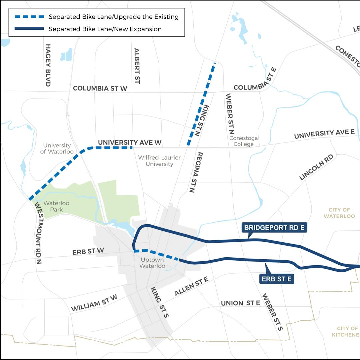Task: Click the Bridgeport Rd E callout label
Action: [274, 228]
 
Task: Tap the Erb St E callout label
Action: [277, 279]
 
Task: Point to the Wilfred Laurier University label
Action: [159, 161]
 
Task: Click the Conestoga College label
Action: [243, 141]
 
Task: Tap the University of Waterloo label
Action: [57, 149]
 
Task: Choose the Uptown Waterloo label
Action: [152, 263]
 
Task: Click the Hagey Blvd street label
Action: [48, 65]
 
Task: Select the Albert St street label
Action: [137, 66]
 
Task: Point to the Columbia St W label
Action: [100, 88]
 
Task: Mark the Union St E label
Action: [240, 303]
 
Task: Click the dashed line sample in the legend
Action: [29, 17]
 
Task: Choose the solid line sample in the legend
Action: [29, 29]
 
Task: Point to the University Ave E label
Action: [324, 134]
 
